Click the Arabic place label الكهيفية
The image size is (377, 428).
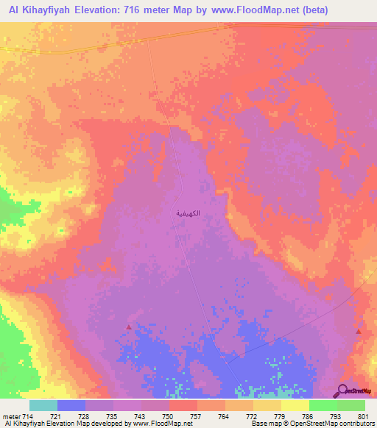click(188, 213)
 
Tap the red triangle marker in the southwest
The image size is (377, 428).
click(130, 327)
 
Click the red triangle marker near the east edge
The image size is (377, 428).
click(359, 331)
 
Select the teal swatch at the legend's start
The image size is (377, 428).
click(43, 405)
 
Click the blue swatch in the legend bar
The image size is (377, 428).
click(71, 405)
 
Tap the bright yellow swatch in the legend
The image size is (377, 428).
click(295, 405)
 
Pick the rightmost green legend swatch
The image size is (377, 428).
click(351, 405)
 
